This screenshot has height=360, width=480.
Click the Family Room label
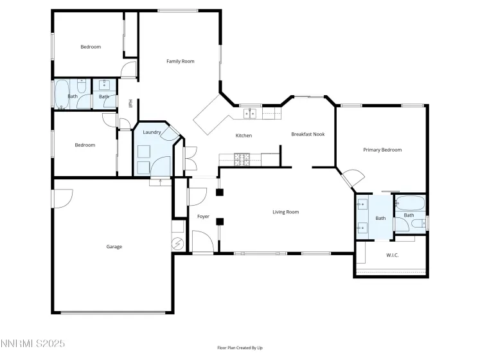pos(180,62)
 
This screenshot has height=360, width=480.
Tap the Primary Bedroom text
pos(382,150)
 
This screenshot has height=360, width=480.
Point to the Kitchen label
pos(244,136)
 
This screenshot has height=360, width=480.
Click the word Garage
pos(114,247)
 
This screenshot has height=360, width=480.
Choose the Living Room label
pos(285,212)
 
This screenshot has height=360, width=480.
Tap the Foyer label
pos(204,217)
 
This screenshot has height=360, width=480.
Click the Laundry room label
pos(152,132)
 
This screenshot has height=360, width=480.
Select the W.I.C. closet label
pos(392,255)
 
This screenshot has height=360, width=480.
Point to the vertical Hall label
pos(130,103)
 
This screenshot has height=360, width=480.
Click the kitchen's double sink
pos(249,114)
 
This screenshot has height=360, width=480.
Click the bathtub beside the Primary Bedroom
pos(409,204)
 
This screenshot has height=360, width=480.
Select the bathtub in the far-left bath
pos(62,95)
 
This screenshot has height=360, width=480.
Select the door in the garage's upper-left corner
pos(63,197)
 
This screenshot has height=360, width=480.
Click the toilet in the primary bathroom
pos(417,224)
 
